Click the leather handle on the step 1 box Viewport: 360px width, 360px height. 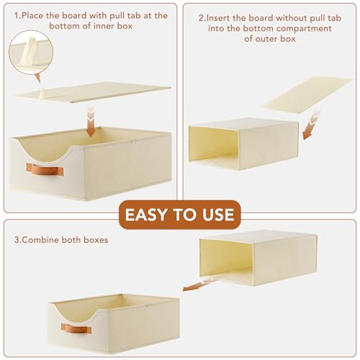45,169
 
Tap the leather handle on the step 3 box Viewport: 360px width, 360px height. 76,328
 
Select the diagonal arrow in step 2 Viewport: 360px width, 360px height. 311,125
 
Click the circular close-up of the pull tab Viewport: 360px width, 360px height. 31,53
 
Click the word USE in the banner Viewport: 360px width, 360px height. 218,215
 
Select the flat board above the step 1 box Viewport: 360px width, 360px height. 92,93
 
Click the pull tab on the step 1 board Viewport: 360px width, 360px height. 43,94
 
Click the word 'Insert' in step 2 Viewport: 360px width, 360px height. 218,18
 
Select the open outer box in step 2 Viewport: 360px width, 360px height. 243,144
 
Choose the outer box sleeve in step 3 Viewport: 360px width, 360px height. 258,258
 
